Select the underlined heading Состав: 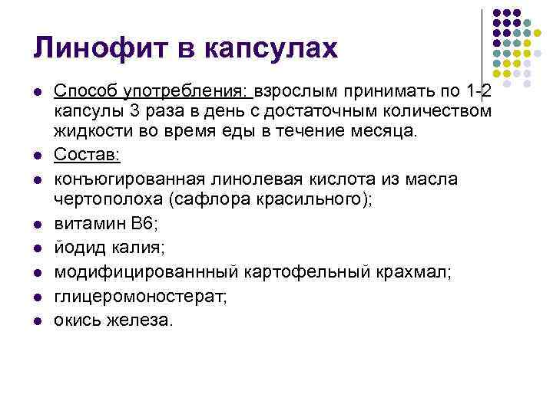[x=87, y=156]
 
